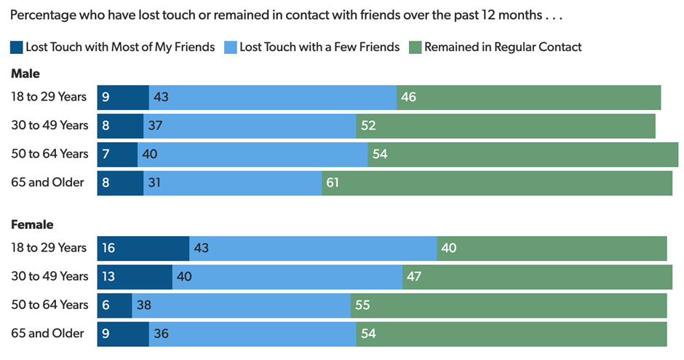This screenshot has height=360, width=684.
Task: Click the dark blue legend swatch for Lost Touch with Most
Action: tap(17, 47)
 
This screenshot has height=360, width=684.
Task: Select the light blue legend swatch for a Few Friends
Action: tap(231, 47)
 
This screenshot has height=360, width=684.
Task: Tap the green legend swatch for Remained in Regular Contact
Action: tap(415, 47)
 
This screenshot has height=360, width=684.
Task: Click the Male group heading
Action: tap(25, 74)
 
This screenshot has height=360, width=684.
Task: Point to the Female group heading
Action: tap(32, 224)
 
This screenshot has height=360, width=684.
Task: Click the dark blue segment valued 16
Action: tap(143, 249)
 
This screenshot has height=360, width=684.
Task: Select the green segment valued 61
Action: tap(497, 183)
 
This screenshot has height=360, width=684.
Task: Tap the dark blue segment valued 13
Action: tap(135, 277)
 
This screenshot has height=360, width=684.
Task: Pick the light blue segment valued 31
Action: tap(233, 183)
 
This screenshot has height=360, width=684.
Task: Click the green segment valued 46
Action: tap(528, 97)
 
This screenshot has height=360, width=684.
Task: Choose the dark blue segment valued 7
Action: tap(117, 154)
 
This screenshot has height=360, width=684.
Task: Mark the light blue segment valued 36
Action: tap(252, 334)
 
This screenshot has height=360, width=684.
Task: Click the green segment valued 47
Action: tap(537, 277)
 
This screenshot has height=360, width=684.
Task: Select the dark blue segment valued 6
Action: tap(114, 305)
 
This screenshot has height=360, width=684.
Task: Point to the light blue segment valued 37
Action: tap(250, 125)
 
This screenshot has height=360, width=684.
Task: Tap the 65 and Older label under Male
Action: tap(47, 183)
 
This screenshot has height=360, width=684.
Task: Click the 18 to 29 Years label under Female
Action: tap(49, 249)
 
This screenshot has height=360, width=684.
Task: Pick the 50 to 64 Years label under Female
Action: tap(49, 305)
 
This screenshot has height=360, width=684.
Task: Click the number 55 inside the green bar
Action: tap(362, 305)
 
